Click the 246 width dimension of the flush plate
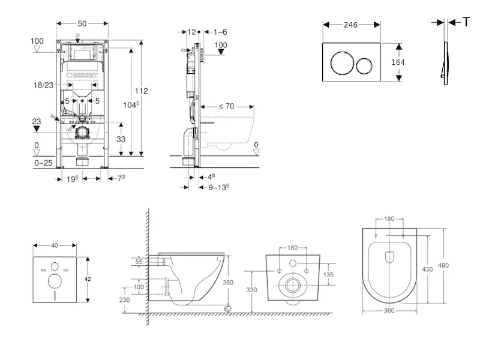coord(351,25)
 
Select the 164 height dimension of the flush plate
coord(398,62)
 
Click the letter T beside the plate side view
coord(466,22)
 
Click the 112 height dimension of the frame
coord(141,91)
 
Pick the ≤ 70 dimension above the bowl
coord(226,106)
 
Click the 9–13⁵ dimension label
coord(218,187)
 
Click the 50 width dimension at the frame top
coord(82,23)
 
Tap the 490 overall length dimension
coord(443,265)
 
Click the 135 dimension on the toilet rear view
coord(328,275)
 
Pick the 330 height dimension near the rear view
coord(251,290)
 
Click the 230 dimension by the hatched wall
coord(125,300)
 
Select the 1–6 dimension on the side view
coord(220,31)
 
